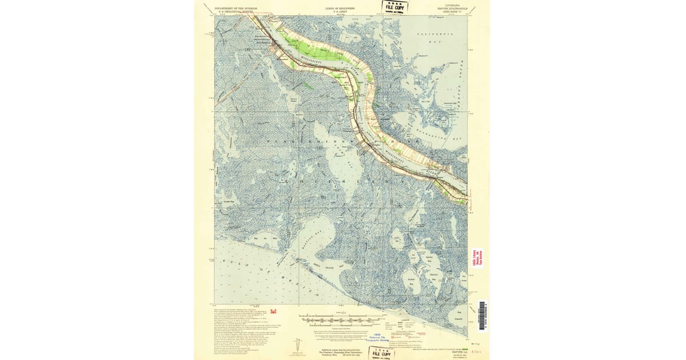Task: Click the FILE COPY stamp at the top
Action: [394, 7]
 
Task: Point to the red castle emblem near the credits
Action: [273, 311]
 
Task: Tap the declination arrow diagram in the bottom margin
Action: [297, 345]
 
